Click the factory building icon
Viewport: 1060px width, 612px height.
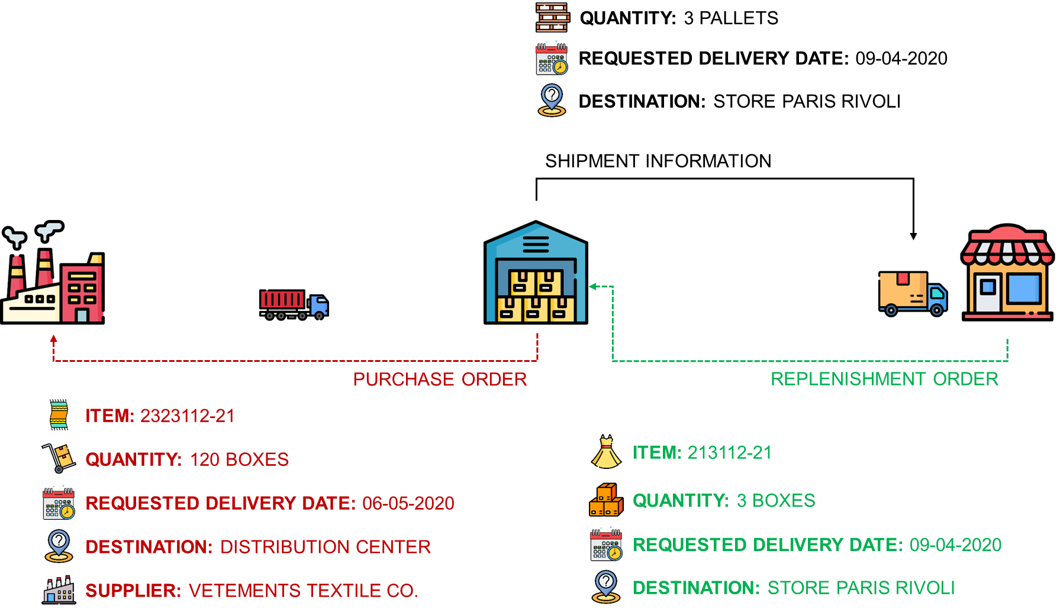click(x=53, y=278)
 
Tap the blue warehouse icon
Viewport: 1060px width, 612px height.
click(x=536, y=275)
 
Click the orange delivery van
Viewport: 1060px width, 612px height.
click(x=912, y=293)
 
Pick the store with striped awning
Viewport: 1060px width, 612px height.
click(x=1007, y=273)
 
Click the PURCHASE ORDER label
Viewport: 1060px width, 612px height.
click(x=440, y=379)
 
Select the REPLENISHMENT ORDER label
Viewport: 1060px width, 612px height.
click(x=884, y=379)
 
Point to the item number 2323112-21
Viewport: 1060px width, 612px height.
click(x=188, y=416)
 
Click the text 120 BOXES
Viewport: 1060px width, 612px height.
click(x=239, y=459)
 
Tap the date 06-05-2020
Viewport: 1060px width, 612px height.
click(x=408, y=503)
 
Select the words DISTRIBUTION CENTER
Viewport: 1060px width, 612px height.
click(x=326, y=547)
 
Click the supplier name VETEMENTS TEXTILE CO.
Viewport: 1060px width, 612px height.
click(x=303, y=591)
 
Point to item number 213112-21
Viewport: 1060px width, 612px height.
click(x=730, y=453)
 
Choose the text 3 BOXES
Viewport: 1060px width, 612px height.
click(x=776, y=501)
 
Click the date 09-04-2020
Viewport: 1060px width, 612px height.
click(x=955, y=545)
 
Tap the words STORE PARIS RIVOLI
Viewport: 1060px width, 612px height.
click(x=861, y=588)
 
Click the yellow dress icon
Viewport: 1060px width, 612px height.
click(x=606, y=454)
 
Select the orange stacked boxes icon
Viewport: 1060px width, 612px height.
click(x=606, y=500)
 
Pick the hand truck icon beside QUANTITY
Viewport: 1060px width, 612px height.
click(x=59, y=458)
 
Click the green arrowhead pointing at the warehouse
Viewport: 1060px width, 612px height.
click(x=592, y=287)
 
